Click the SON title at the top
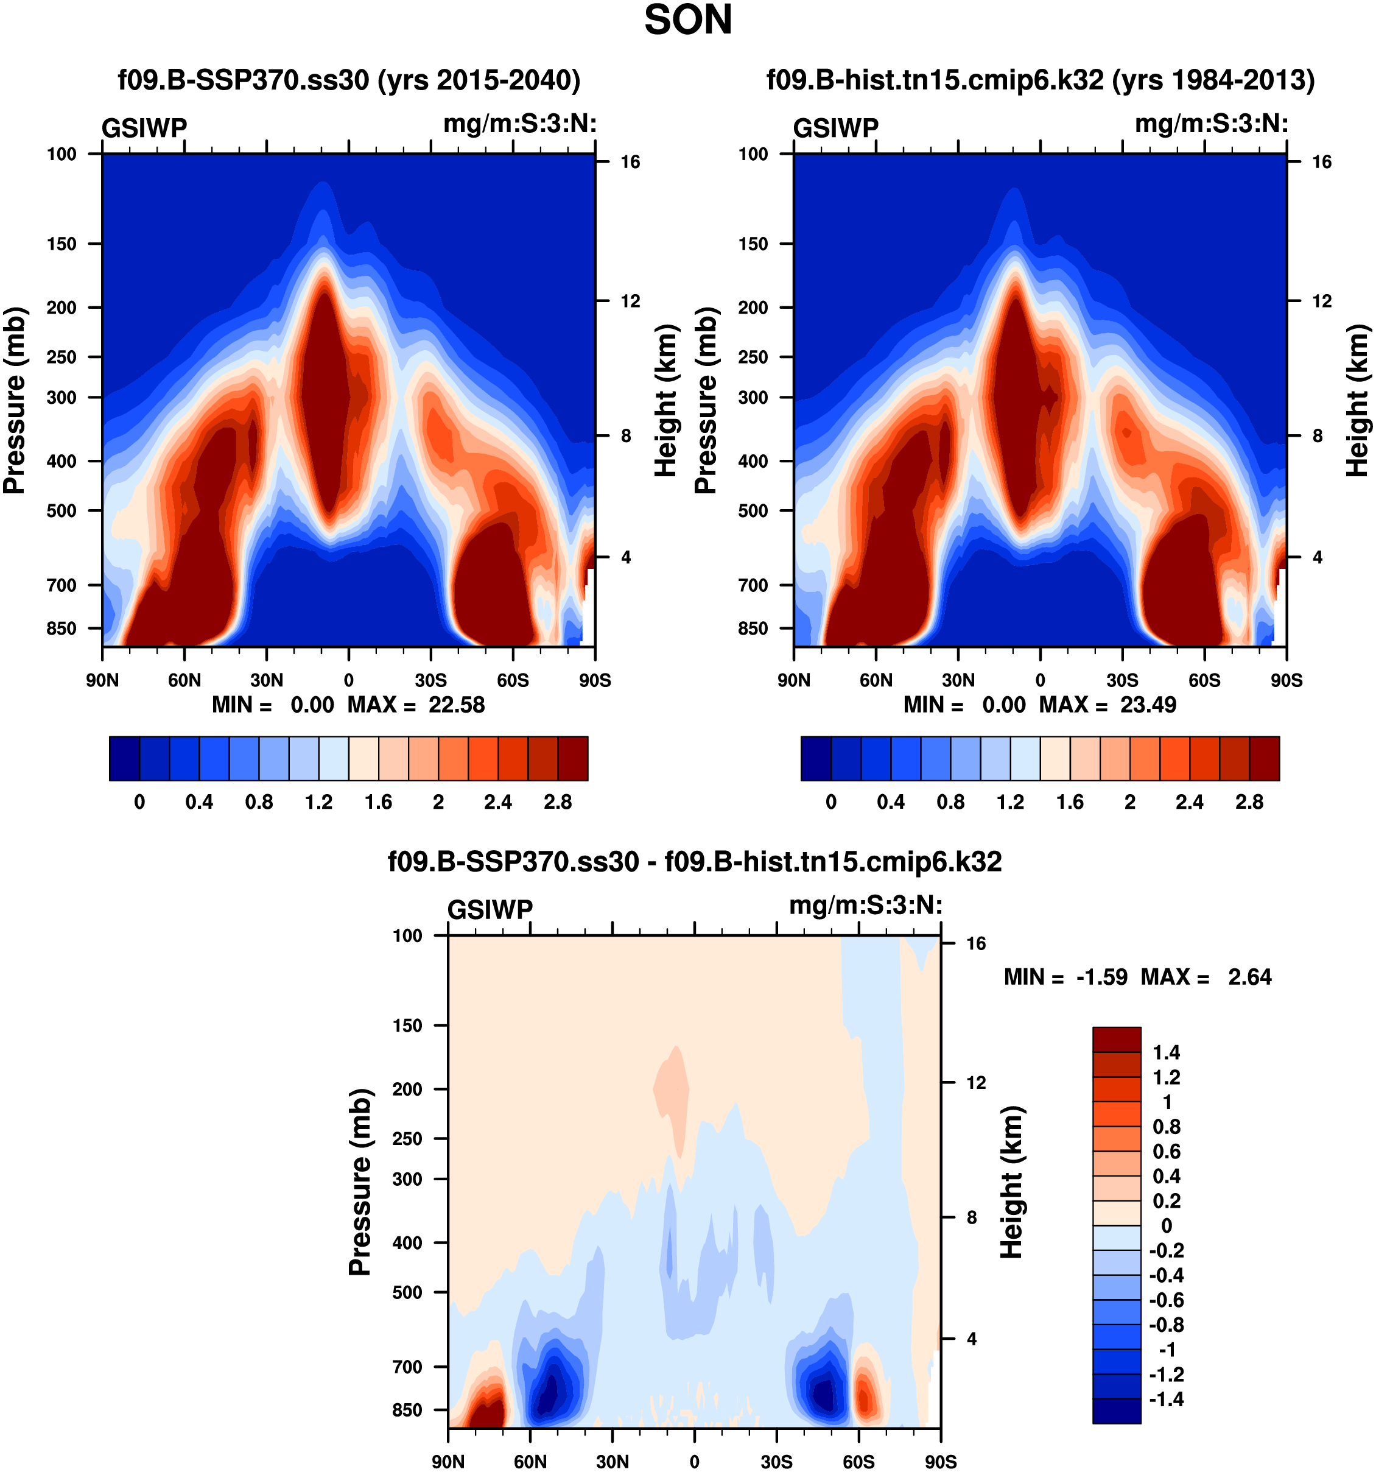[687, 20]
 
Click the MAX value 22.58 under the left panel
[457, 705]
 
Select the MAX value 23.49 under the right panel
[1148, 705]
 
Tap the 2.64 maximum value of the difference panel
[1249, 977]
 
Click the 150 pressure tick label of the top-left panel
[61, 244]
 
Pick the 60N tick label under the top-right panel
[876, 680]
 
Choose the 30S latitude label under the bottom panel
[776, 1462]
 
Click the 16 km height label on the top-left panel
[630, 162]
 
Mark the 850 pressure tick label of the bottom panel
[407, 1410]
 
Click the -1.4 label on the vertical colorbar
[1166, 1400]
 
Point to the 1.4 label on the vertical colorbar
[1166, 1053]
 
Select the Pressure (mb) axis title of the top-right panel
[706, 400]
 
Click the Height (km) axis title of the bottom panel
[1011, 1183]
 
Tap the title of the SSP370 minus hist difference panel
[694, 862]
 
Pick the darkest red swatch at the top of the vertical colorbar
[1116, 1040]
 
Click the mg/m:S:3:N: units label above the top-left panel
[519, 124]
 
